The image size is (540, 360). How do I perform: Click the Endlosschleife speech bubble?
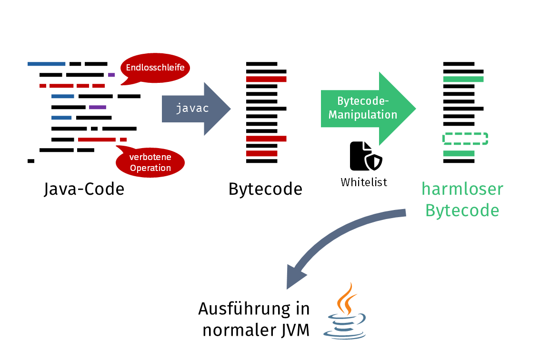[155, 68]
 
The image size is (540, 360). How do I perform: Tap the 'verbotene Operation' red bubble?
[150, 162]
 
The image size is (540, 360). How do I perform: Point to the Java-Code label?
[84, 189]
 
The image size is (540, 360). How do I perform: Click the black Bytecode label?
[265, 189]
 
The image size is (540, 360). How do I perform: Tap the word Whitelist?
[364, 182]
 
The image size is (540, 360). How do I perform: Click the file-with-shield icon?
[366, 156]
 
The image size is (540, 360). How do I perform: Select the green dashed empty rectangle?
[465, 139]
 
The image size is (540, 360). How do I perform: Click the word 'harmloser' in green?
[462, 189]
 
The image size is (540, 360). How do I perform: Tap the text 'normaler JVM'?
[256, 330]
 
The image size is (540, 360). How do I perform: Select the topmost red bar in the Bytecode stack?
[266, 79]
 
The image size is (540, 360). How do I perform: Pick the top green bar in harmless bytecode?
[463, 79]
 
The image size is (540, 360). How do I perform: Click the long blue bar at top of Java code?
[46, 64]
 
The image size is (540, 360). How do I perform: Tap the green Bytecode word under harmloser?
[462, 210]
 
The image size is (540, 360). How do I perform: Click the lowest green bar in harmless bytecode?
[459, 153]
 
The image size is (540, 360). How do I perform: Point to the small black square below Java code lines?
[31, 161]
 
